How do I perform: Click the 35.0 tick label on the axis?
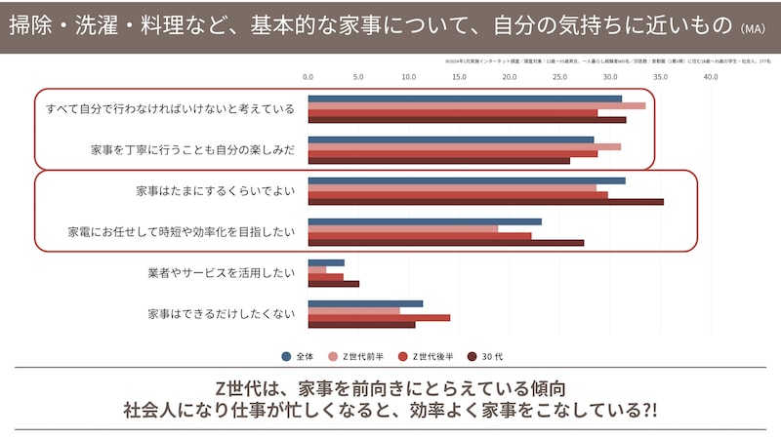661,76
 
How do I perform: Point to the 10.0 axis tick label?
408,76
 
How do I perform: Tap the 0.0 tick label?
308,76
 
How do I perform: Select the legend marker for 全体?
286,356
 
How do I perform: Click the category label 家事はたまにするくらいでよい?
216,191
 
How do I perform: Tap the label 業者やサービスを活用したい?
221,273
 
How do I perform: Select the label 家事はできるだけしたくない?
221,314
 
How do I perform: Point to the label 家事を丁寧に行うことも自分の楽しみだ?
192,150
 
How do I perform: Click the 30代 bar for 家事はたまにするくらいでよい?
485,202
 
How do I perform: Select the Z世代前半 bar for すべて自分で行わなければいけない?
476,105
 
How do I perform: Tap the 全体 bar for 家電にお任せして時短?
425,221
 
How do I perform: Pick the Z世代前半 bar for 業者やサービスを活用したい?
317,269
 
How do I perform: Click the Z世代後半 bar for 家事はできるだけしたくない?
379,317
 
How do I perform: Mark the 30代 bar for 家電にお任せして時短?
445,243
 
